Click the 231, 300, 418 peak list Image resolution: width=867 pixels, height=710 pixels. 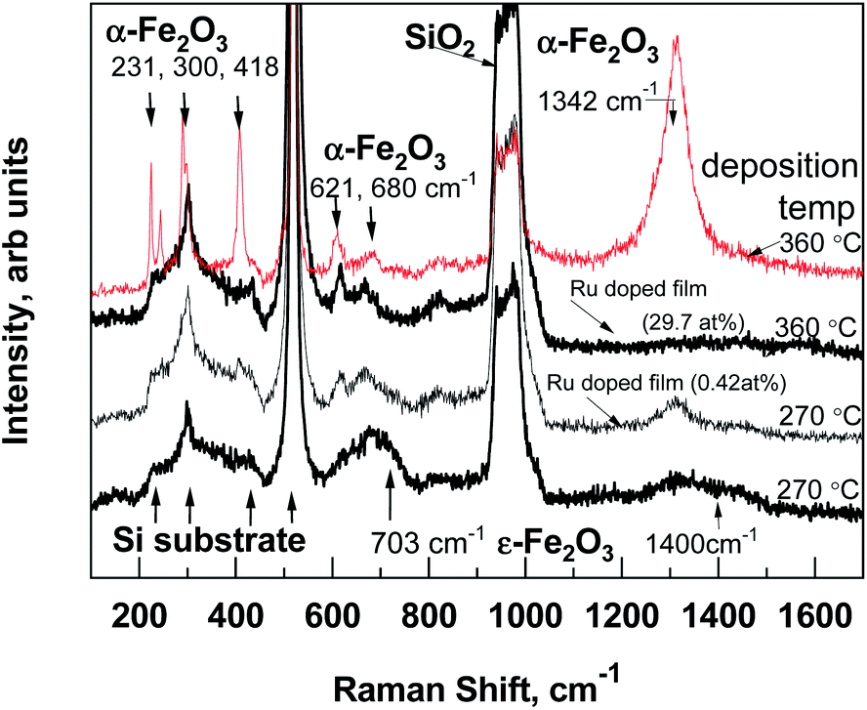pos(191,66)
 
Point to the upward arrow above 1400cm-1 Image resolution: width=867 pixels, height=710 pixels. pos(719,509)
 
